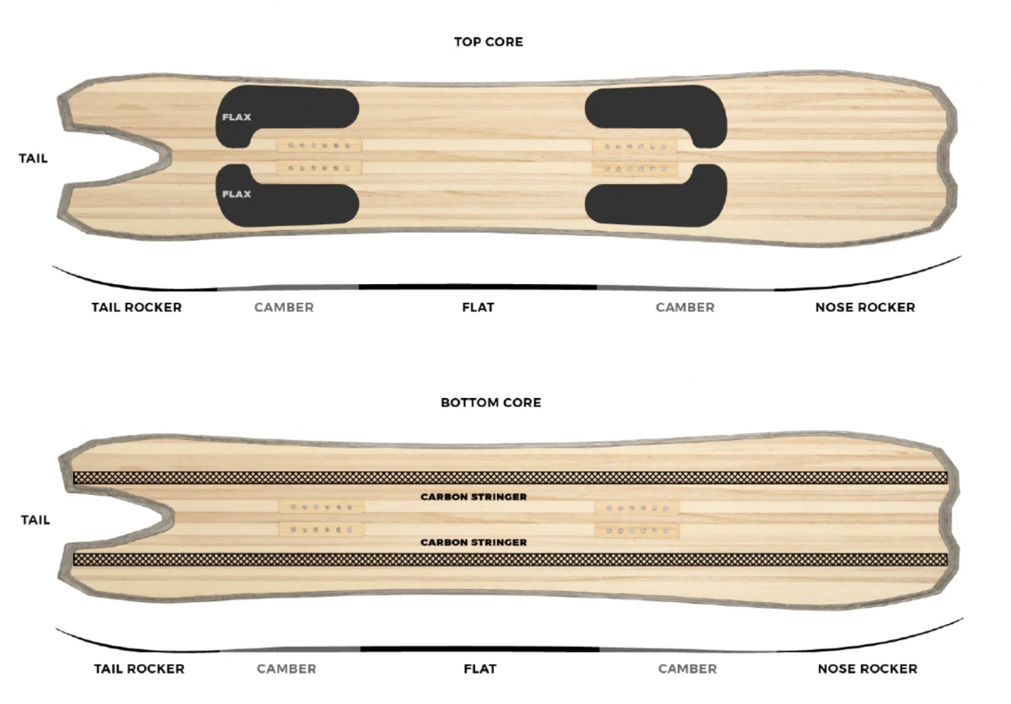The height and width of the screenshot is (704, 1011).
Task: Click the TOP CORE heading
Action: tap(489, 42)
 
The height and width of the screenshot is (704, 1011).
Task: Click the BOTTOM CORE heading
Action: tap(491, 402)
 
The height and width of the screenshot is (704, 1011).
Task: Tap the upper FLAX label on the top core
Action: tap(237, 117)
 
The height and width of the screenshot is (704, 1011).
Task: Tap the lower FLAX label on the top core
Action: tap(237, 194)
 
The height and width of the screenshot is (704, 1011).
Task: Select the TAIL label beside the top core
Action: tap(33, 159)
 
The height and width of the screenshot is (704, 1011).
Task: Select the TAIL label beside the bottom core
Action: tap(35, 519)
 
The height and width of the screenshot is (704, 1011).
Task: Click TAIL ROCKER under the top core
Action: tap(136, 308)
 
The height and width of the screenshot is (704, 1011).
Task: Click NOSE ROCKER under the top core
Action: tap(865, 308)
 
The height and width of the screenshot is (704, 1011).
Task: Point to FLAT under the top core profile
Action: tap(479, 308)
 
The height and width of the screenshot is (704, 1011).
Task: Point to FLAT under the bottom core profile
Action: tap(480, 669)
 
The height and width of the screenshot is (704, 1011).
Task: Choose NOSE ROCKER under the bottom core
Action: tap(868, 669)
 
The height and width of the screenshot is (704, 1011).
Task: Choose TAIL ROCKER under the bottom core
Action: tap(140, 669)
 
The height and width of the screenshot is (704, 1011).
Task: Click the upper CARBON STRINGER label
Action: tap(473, 497)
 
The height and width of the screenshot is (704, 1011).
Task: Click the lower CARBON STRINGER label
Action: tap(473, 542)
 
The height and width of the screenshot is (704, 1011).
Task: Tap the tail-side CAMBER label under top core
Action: tap(284, 308)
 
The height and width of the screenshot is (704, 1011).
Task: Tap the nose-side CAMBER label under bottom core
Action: tap(687, 669)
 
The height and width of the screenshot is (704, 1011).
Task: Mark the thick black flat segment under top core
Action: tap(478, 288)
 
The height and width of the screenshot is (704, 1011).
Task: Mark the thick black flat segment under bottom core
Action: tap(480, 649)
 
